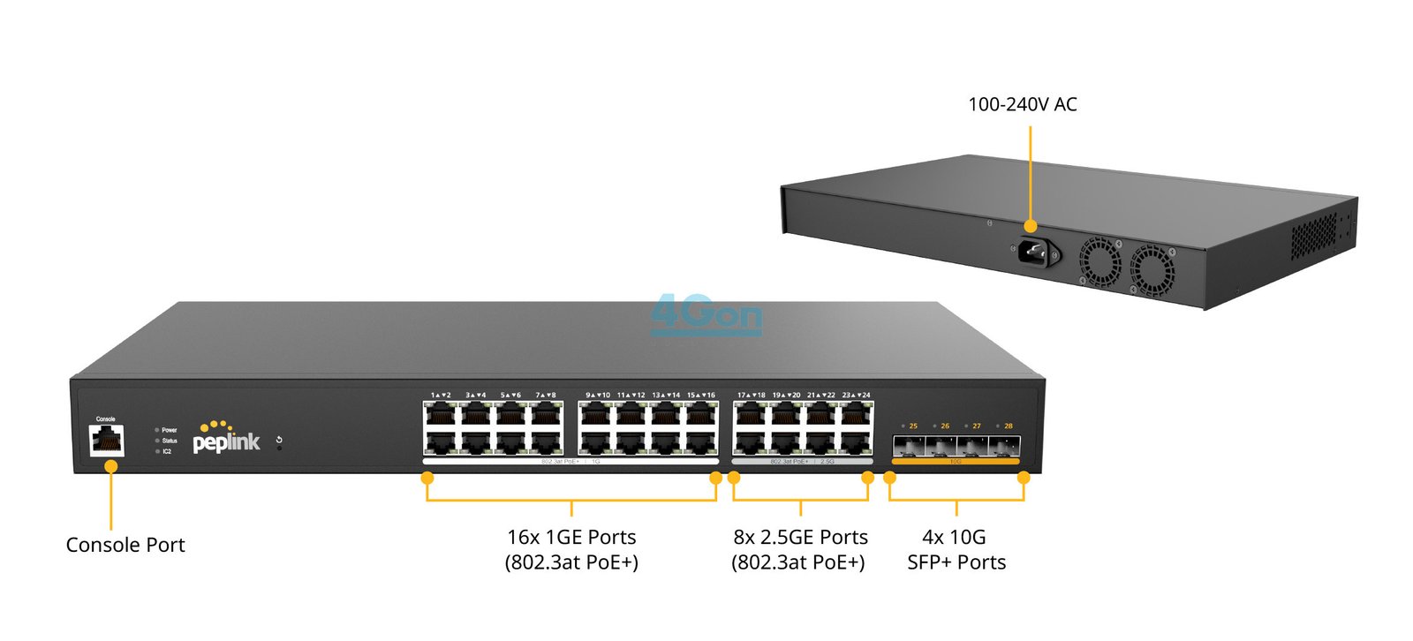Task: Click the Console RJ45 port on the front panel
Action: [x=106, y=440]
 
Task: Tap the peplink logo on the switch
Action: [x=226, y=438]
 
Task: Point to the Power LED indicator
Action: [x=157, y=430]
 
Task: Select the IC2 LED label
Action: [x=166, y=451]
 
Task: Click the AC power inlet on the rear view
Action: [x=1033, y=253]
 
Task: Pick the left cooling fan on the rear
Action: [x=1100, y=261]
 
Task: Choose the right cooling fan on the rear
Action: [x=1152, y=269]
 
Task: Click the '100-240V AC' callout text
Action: [x=1022, y=104]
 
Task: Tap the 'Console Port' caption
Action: [x=125, y=545]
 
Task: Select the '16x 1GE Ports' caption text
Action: [x=571, y=537]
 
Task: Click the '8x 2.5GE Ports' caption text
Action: [x=800, y=537]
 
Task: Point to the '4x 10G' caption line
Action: [x=954, y=537]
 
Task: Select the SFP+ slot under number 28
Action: [x=1005, y=446]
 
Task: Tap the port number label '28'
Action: [x=1008, y=426]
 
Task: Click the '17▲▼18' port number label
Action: [x=751, y=395]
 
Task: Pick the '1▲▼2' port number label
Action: [x=441, y=395]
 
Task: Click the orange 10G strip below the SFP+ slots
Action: [x=956, y=461]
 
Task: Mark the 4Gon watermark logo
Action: [x=706, y=315]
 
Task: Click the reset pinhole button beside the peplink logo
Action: [x=280, y=448]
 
